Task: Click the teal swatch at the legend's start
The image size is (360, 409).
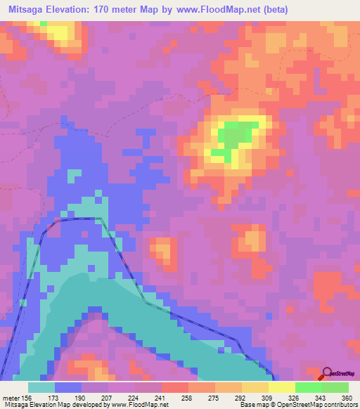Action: coord(41,387)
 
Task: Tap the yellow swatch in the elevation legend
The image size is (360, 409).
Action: coord(281,387)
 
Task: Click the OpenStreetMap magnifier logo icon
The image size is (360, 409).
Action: coord(328,373)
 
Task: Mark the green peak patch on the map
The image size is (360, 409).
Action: coord(232,134)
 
